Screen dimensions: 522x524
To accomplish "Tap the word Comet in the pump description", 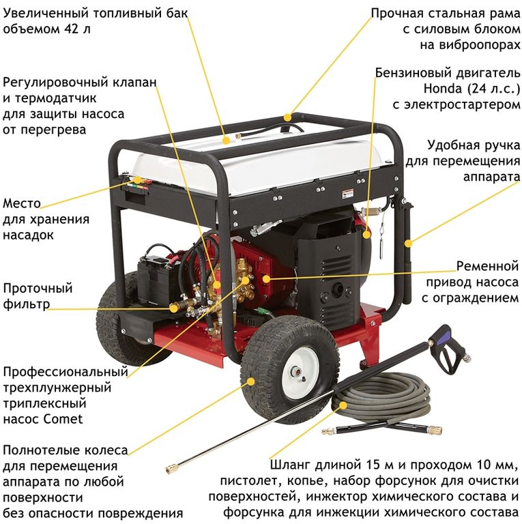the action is (63, 419).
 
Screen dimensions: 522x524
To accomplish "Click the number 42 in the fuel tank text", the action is (69, 29).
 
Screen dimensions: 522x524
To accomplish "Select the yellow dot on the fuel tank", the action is (227, 141).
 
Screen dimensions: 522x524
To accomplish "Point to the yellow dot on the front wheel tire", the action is (250, 381).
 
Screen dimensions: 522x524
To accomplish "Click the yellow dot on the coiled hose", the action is (343, 405).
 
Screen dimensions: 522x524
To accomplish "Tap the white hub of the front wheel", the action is (300, 372).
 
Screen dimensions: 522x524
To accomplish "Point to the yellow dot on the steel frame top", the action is (287, 117).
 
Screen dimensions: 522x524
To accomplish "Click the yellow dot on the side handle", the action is (408, 244).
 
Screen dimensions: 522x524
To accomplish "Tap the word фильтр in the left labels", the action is (27, 304).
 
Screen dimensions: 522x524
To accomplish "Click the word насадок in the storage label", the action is (28, 235).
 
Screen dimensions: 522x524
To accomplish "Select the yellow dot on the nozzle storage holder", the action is (137, 180).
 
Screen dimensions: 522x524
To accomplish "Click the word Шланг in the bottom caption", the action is (290, 465).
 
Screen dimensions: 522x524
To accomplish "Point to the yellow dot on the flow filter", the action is (173, 308).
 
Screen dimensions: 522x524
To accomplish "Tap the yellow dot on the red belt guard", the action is (266, 278).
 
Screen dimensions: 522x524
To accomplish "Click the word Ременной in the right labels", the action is (488, 266).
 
